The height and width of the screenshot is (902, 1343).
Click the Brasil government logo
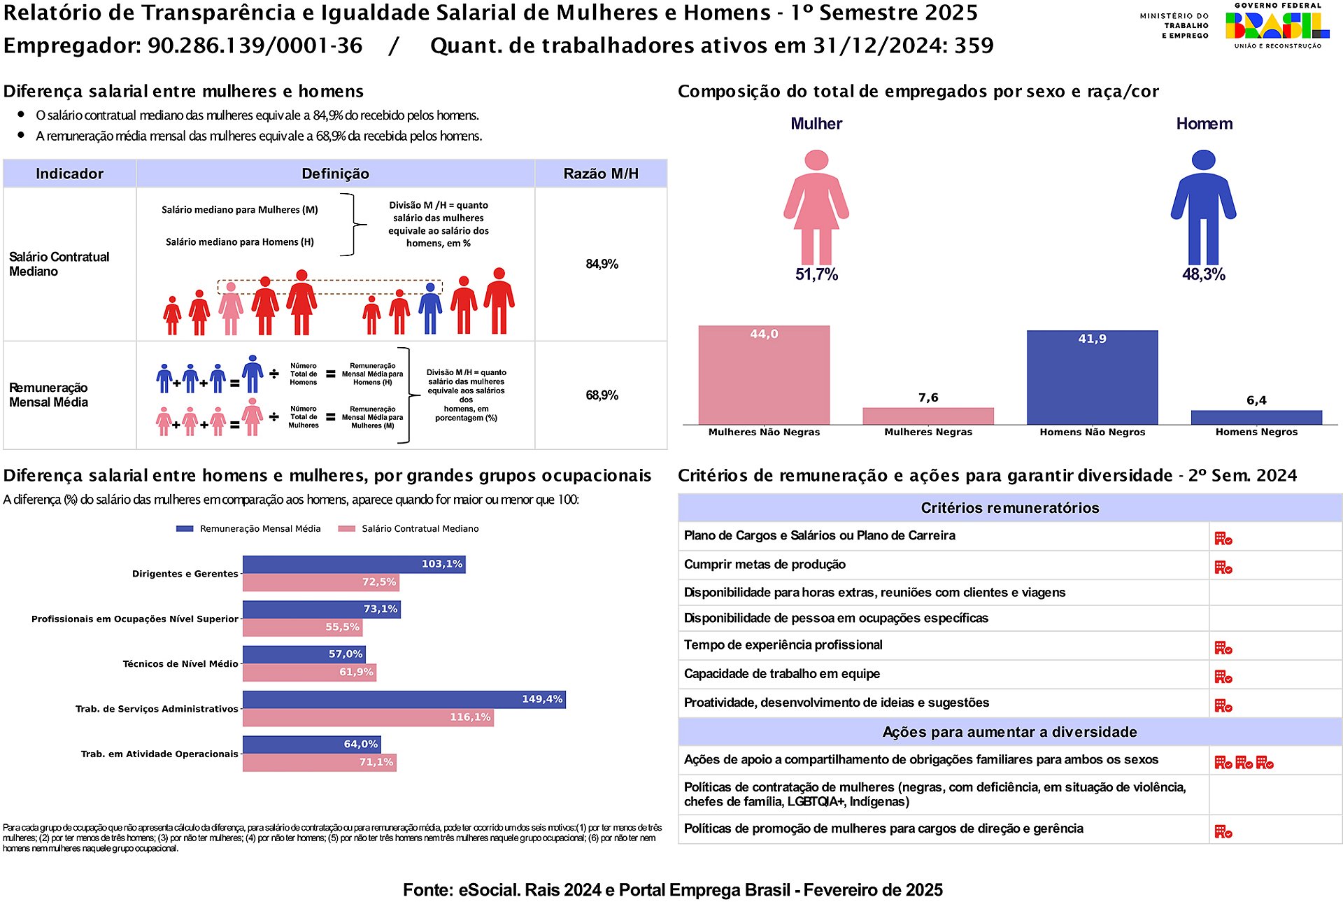(x=1277, y=26)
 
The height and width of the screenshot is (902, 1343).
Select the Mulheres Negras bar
(x=928, y=416)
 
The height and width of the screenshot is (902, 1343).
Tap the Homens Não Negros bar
(x=1092, y=377)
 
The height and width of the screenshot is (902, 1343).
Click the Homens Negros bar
(x=1256, y=417)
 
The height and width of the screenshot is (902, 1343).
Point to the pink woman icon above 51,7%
(x=816, y=206)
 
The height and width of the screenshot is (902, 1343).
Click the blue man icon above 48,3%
(x=1203, y=206)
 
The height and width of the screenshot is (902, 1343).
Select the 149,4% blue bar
(x=404, y=699)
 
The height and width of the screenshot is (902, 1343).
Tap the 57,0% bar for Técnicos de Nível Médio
(x=304, y=654)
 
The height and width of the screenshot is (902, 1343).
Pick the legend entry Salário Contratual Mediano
(x=420, y=529)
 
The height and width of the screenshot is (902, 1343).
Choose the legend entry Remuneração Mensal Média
(x=260, y=529)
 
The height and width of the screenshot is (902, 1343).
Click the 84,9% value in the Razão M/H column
(x=602, y=264)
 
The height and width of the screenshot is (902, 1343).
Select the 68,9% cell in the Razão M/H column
(x=602, y=395)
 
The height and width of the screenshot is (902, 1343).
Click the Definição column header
(x=335, y=174)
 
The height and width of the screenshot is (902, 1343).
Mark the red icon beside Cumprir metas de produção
(x=1223, y=567)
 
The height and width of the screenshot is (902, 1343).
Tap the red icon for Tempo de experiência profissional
(x=1223, y=648)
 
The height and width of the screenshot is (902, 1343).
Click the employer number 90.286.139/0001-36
(x=255, y=45)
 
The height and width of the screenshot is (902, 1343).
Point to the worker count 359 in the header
(x=974, y=45)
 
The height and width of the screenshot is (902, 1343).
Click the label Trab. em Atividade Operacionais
(x=159, y=754)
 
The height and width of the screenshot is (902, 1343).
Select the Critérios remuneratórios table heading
(x=1009, y=508)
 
